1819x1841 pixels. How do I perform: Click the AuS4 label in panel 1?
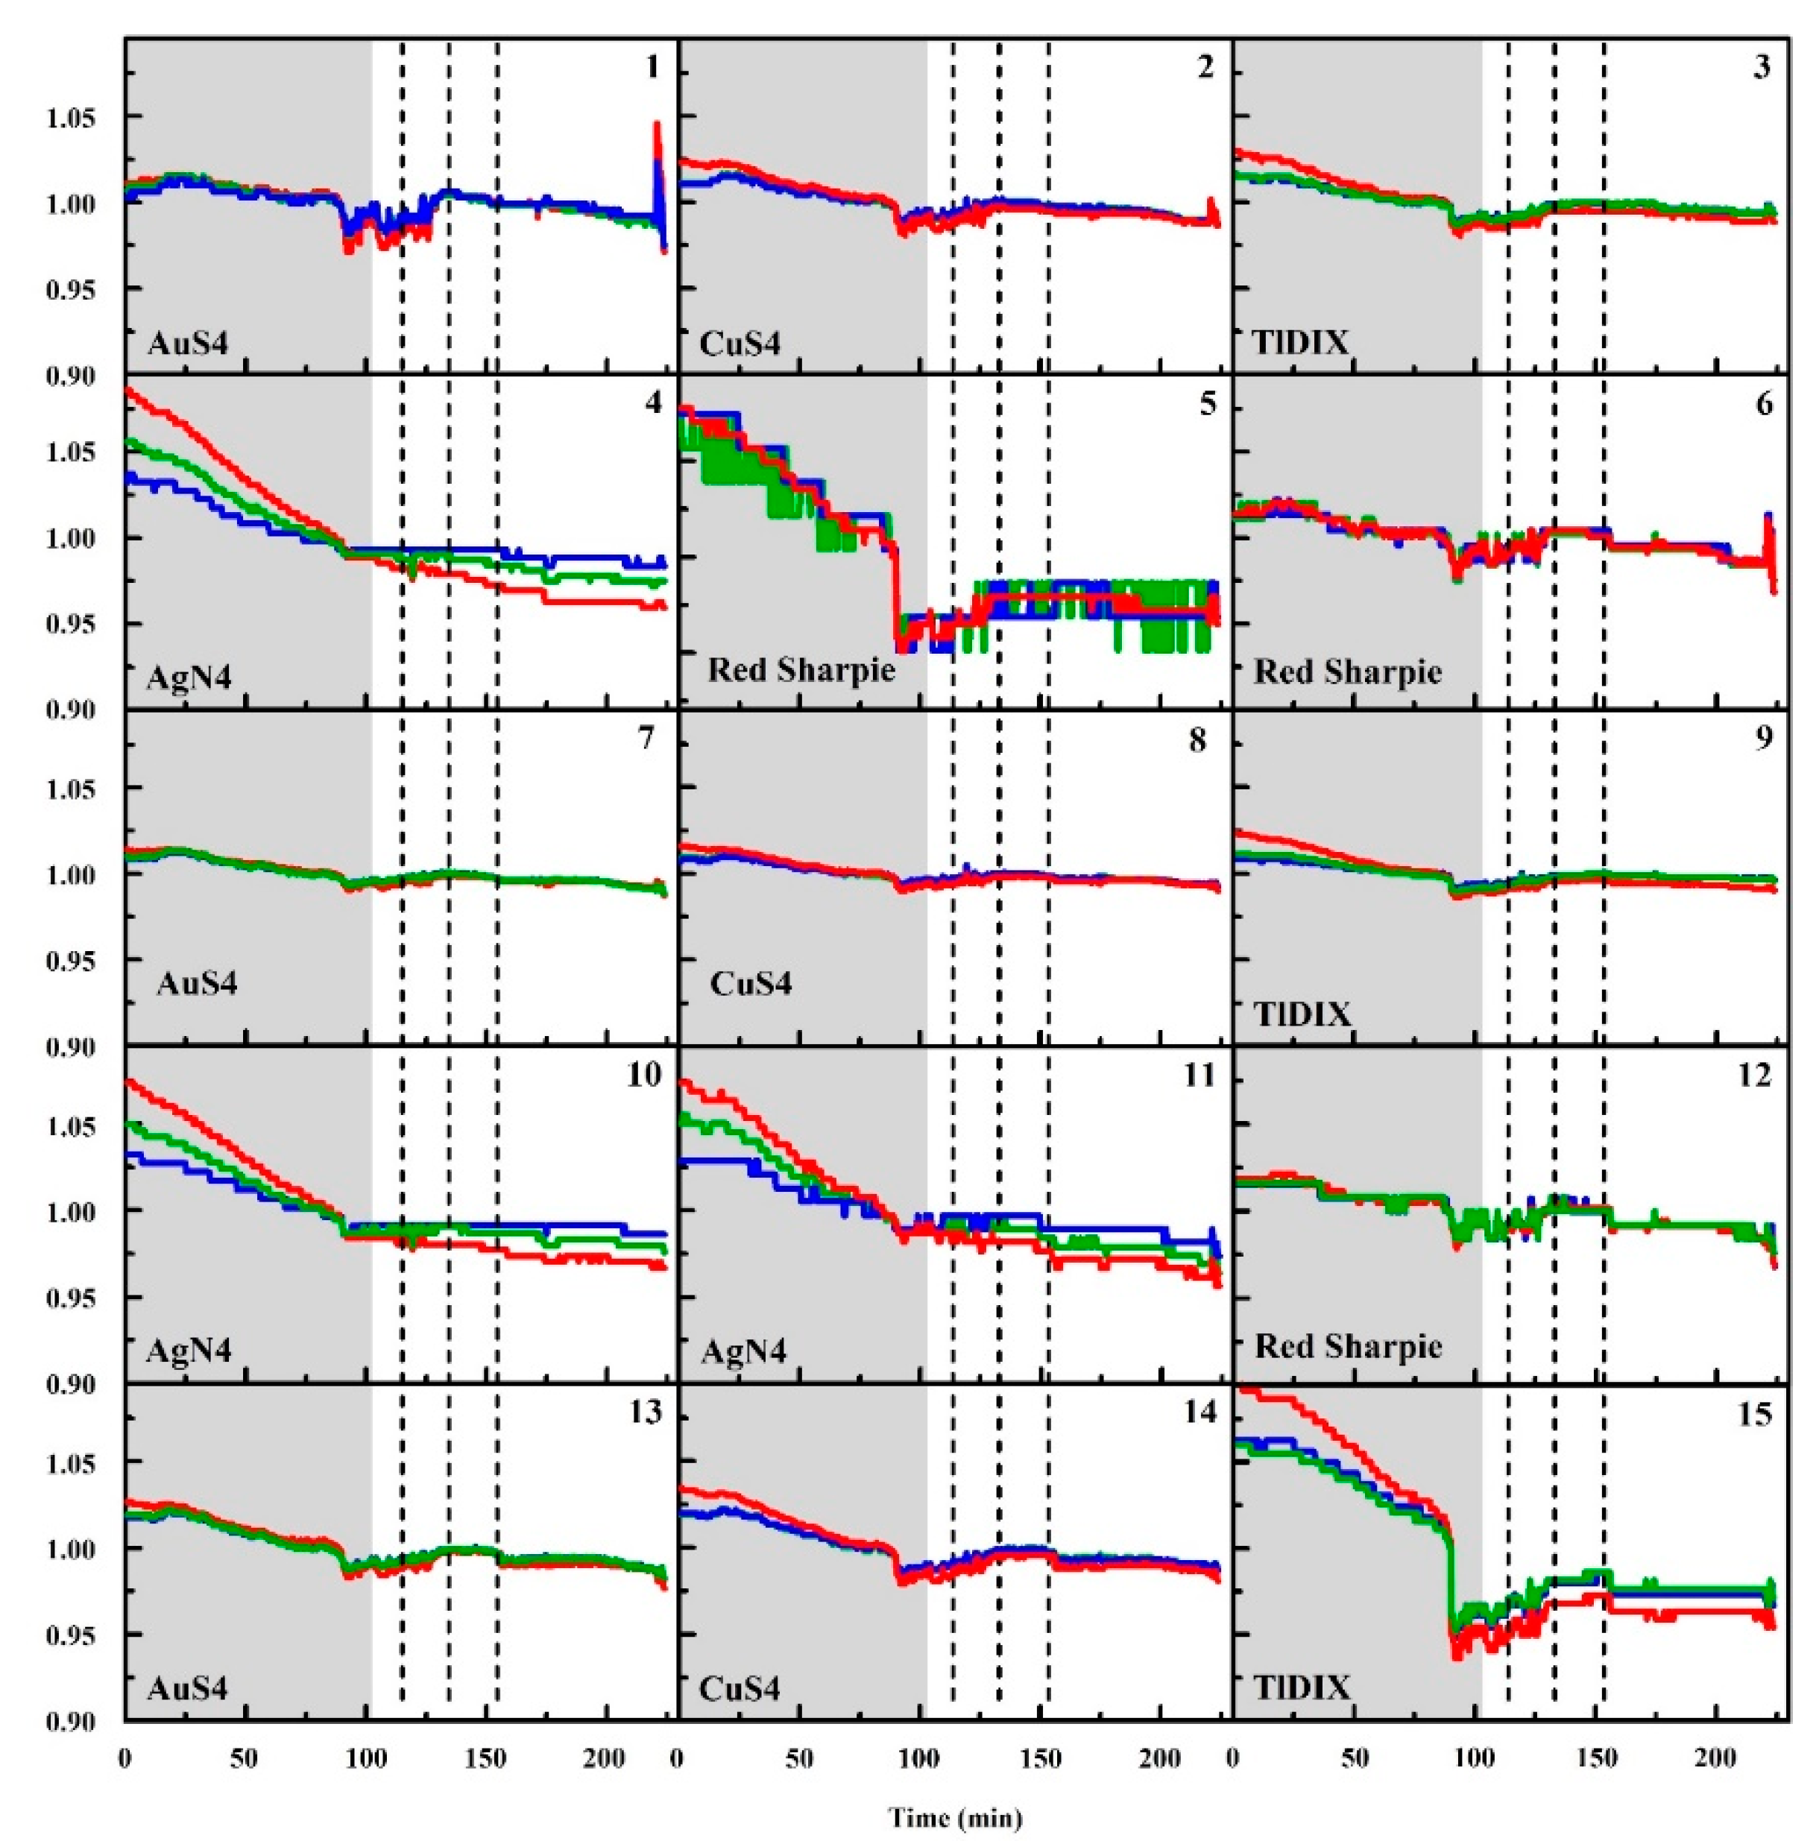point(188,342)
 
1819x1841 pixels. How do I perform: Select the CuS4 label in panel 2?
point(740,342)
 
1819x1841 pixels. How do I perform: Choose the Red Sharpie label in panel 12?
point(1347,1345)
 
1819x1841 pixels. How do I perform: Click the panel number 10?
point(643,1075)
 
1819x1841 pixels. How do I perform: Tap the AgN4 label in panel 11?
point(743,1351)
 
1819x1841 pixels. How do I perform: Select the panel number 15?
point(1754,1414)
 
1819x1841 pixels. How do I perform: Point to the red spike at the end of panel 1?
point(657,133)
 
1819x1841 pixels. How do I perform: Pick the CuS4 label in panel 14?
point(740,1688)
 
